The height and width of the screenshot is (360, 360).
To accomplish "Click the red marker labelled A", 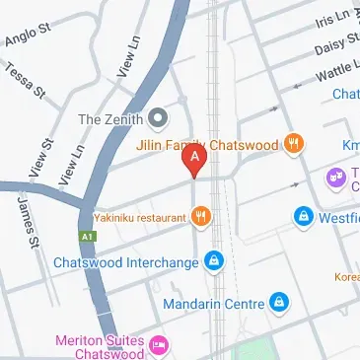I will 196,159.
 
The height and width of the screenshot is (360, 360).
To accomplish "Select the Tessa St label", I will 26,82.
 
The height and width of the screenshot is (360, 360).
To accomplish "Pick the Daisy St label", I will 337,45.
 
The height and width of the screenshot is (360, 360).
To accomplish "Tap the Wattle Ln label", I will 336,71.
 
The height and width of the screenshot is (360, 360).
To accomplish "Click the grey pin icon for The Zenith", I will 158,119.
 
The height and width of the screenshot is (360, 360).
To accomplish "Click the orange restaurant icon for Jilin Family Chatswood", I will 292,143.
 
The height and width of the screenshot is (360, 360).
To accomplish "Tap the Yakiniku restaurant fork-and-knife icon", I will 201,215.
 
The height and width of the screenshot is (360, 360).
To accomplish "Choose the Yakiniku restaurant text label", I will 141,215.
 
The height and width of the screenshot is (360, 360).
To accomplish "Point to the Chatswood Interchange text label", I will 126,262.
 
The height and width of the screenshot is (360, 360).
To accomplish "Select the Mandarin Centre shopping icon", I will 279,301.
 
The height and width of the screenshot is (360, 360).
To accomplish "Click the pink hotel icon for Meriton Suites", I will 158,344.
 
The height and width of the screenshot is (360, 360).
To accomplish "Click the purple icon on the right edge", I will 336,178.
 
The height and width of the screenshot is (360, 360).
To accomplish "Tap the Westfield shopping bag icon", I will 303,215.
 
